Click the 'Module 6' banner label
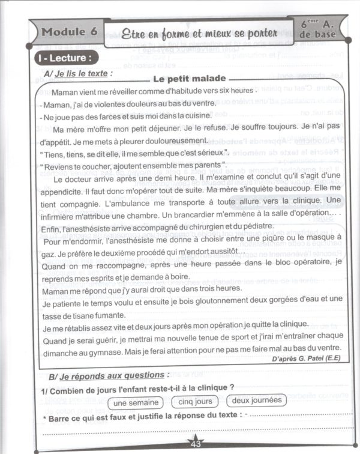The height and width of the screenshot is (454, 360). pos(70,32)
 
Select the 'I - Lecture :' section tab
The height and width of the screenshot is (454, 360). pos(67,59)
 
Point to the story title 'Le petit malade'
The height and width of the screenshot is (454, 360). pos(189,79)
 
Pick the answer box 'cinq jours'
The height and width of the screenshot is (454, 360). pos(196,401)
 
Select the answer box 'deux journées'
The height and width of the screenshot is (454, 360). pos(256,401)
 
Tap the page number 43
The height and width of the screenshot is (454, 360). pos(196,444)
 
